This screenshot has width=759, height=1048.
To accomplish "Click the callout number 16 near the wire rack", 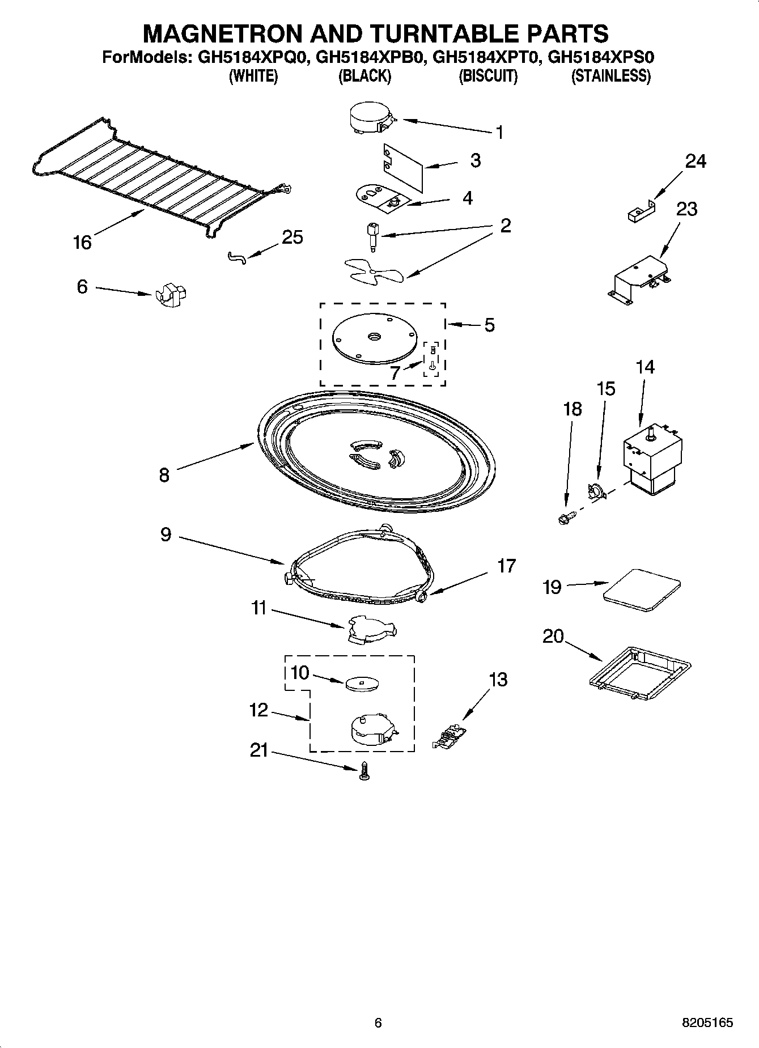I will point(82,243).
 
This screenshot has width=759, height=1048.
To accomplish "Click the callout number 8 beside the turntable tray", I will point(164,474).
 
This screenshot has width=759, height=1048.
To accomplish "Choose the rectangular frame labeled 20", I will point(639,671).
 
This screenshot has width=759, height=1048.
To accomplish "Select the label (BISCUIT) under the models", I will point(487,77).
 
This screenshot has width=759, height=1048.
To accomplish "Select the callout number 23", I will point(686,209).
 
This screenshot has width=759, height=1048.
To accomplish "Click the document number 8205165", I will point(706,1022).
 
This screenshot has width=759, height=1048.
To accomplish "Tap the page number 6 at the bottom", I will point(378,1022).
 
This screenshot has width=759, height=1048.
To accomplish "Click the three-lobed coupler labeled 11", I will point(371,630).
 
